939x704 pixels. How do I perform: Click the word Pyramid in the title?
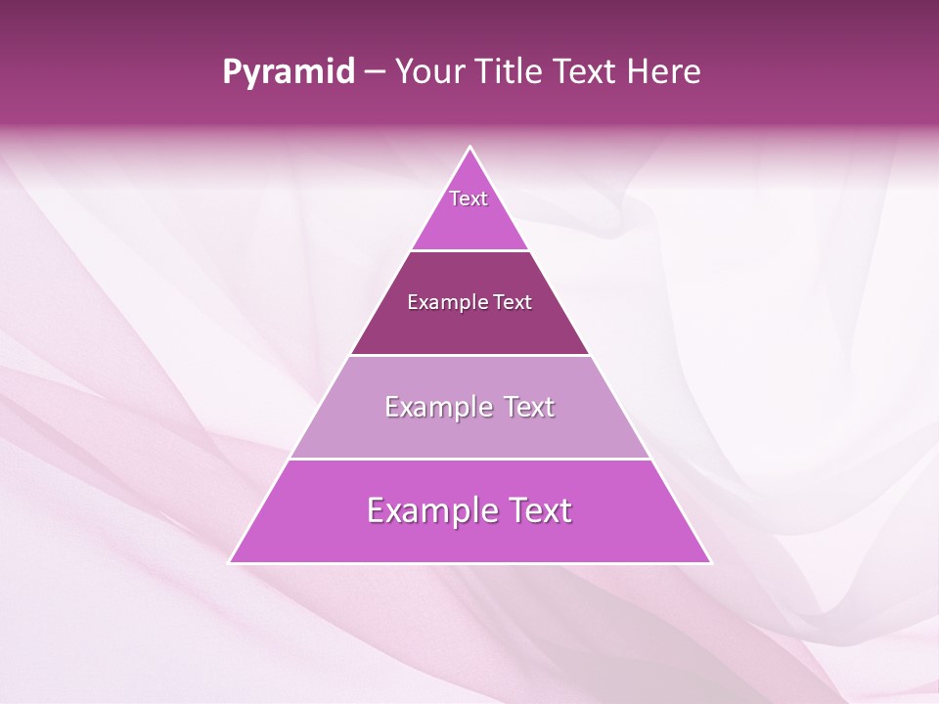pyautogui.click(x=289, y=72)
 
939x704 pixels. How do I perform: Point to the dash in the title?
pyautogui.click(x=375, y=72)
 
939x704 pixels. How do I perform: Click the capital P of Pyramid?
pyautogui.click(x=232, y=72)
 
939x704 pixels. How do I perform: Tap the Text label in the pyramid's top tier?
pyautogui.click(x=469, y=198)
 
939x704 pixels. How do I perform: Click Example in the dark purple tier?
pyautogui.click(x=443, y=302)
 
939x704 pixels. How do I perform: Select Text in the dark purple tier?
pyautogui.click(x=513, y=302)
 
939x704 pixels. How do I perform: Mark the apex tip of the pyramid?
pyautogui.click(x=470, y=148)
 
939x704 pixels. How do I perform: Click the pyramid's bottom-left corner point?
pyautogui.click(x=230, y=562)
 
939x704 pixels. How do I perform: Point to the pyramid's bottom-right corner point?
pyautogui.click(x=711, y=562)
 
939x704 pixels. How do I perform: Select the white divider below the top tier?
pyautogui.click(x=470, y=250)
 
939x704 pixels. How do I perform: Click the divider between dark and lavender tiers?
pyautogui.click(x=470, y=355)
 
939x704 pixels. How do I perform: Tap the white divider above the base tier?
pyautogui.click(x=470, y=459)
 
